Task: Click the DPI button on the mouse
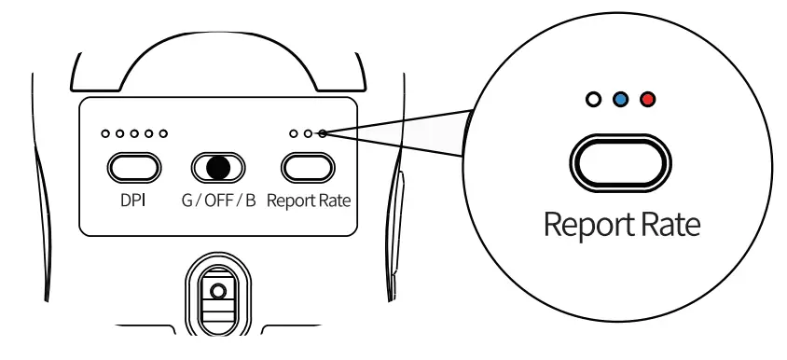point(134,167)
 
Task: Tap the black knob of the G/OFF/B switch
point(218,167)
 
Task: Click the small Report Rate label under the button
point(309,201)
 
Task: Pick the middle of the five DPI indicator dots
point(135,134)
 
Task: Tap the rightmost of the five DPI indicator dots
point(163,134)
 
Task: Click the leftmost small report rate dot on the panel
point(294,134)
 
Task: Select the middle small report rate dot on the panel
point(309,134)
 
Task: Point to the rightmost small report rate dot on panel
point(323,134)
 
